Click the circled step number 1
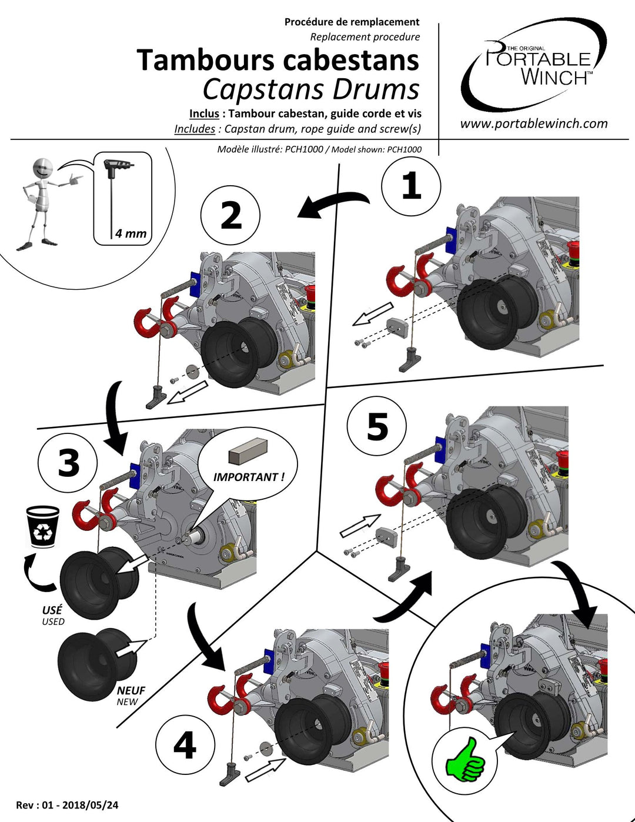coord(411,186)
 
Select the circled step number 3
coord(68,463)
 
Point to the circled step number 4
coord(185,746)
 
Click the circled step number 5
coord(377,427)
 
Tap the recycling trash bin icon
coord(43,526)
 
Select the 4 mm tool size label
coord(131,233)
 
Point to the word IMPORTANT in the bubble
coord(248,477)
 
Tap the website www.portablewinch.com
coord(533,123)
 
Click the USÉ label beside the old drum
coord(52,610)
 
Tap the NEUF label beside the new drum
coord(131,690)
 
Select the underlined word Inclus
coord(204,113)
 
